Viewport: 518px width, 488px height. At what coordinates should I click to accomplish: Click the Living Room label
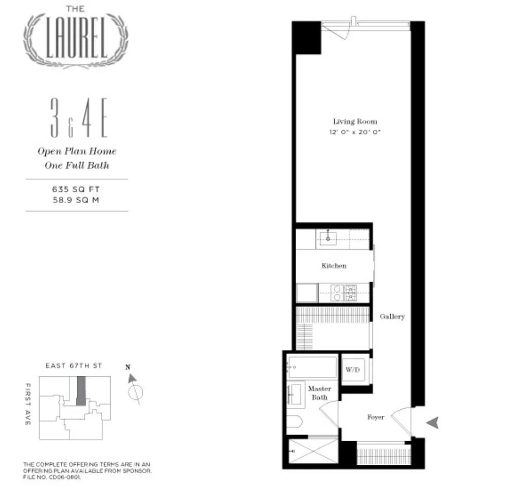click(x=355, y=121)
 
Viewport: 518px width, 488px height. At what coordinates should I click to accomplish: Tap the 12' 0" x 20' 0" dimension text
click(x=355, y=132)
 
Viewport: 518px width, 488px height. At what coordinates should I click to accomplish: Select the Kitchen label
click(x=334, y=266)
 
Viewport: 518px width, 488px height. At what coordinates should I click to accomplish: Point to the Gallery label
click(x=392, y=317)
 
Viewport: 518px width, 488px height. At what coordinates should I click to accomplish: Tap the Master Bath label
click(x=319, y=393)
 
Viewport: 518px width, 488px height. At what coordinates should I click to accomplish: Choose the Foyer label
click(x=375, y=417)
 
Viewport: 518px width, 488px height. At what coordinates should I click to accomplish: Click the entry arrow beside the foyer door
click(x=433, y=423)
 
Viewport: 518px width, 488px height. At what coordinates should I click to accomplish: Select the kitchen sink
click(x=327, y=237)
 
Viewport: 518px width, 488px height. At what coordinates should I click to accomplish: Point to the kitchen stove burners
click(x=351, y=293)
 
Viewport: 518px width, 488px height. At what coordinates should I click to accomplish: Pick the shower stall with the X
click(x=313, y=453)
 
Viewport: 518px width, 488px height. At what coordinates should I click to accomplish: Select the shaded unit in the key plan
click(x=81, y=390)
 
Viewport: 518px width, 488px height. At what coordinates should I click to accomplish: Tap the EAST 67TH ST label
click(x=74, y=365)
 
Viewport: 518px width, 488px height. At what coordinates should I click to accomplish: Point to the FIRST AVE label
click(x=28, y=404)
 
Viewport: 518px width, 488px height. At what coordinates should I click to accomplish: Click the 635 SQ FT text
click(x=75, y=189)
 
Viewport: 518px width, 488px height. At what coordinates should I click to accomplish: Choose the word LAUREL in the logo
click(x=76, y=39)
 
